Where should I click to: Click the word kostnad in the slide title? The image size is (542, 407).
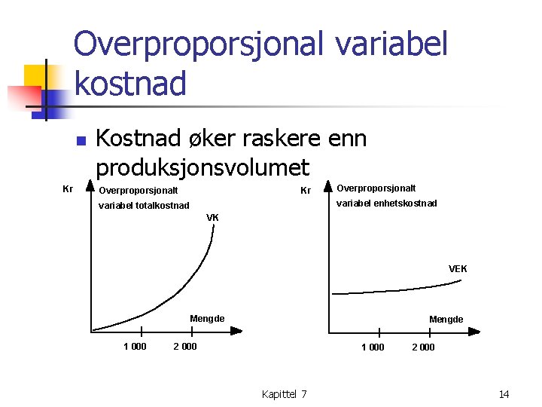click(130, 83)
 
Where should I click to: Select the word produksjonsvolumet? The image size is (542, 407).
click(202, 167)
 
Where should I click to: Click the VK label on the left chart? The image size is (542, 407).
click(213, 218)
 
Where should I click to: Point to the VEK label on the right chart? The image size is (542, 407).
click(458, 269)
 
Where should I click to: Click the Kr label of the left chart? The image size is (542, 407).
click(67, 188)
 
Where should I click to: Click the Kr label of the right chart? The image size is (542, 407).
click(306, 191)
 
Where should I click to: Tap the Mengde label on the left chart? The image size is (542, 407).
click(207, 319)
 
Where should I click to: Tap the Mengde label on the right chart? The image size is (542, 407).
click(446, 320)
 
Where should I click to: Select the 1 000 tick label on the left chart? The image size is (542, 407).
click(135, 347)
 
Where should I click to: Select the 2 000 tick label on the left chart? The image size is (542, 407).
click(185, 347)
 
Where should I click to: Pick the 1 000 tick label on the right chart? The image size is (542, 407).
click(373, 347)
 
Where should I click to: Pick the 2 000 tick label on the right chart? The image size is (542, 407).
click(423, 347)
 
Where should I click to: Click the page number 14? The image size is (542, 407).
click(504, 394)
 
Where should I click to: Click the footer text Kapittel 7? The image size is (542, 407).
click(284, 394)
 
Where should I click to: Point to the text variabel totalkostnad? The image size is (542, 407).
click(144, 205)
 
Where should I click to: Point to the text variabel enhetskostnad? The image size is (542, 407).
click(386, 203)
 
